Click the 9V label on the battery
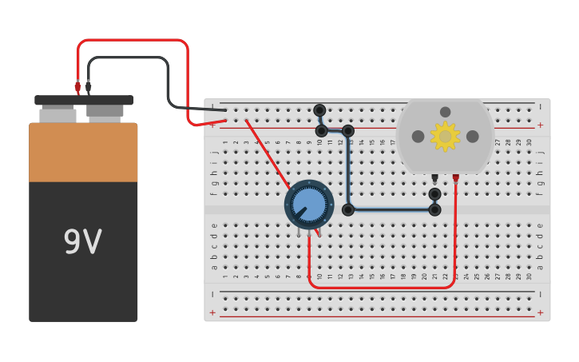[x=83, y=241]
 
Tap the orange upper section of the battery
[x=83, y=152]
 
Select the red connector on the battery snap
[x=77, y=86]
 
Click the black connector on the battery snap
[x=88, y=86]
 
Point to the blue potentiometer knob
[x=309, y=205]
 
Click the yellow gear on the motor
[x=445, y=137]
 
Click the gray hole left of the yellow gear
[x=418, y=137]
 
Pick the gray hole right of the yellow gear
[x=472, y=137]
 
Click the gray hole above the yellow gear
[x=445, y=112]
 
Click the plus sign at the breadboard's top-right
[x=540, y=125]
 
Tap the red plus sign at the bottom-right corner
[x=540, y=312]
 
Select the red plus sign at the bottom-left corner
[x=212, y=312]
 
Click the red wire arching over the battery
[x=132, y=40]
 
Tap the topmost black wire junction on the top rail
[x=319, y=109]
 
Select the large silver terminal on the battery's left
[x=58, y=115]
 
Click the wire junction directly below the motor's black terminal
[x=434, y=193]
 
